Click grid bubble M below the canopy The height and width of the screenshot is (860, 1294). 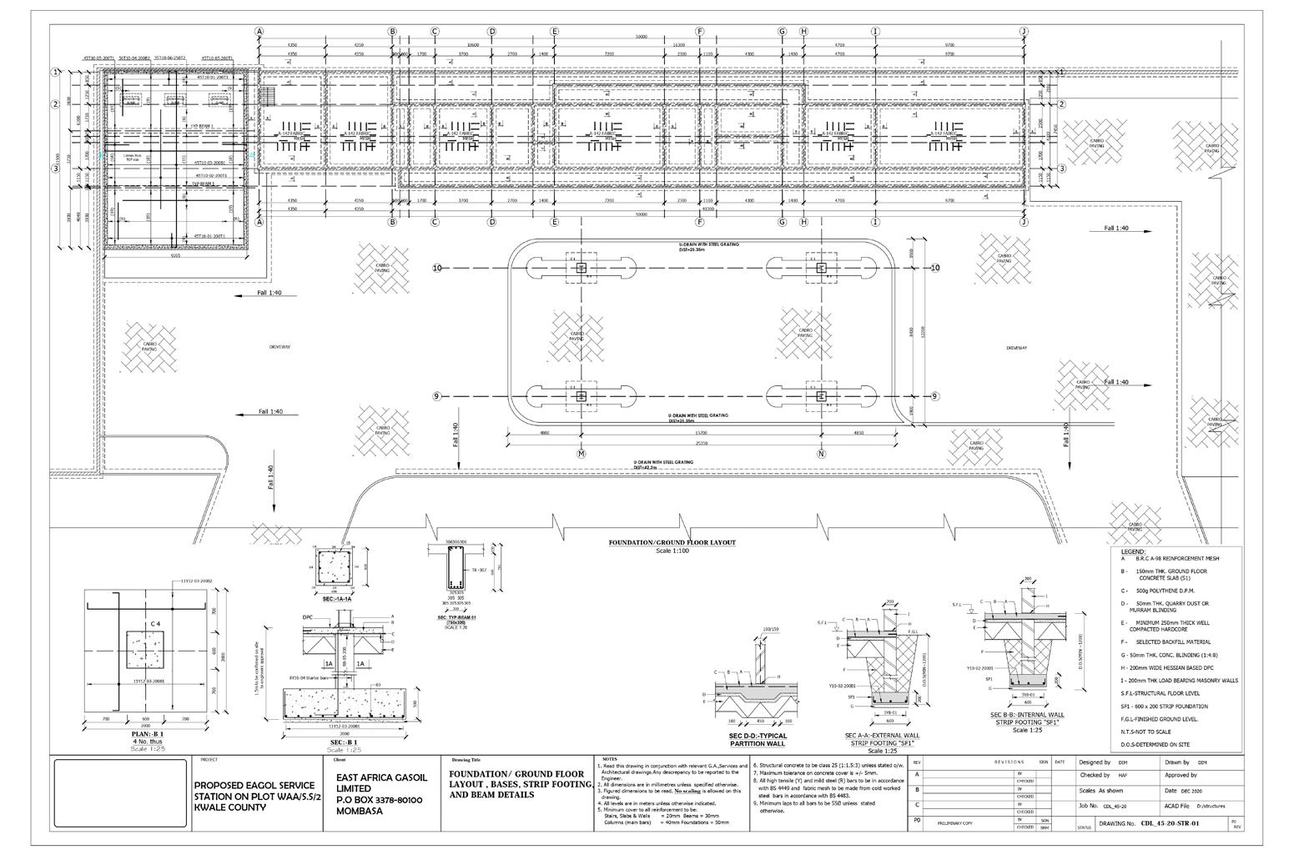(582, 454)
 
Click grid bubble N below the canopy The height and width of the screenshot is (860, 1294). (821, 454)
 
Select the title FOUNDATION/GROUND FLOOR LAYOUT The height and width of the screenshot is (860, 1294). (672, 542)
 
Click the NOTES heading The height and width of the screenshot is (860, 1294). (610, 758)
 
